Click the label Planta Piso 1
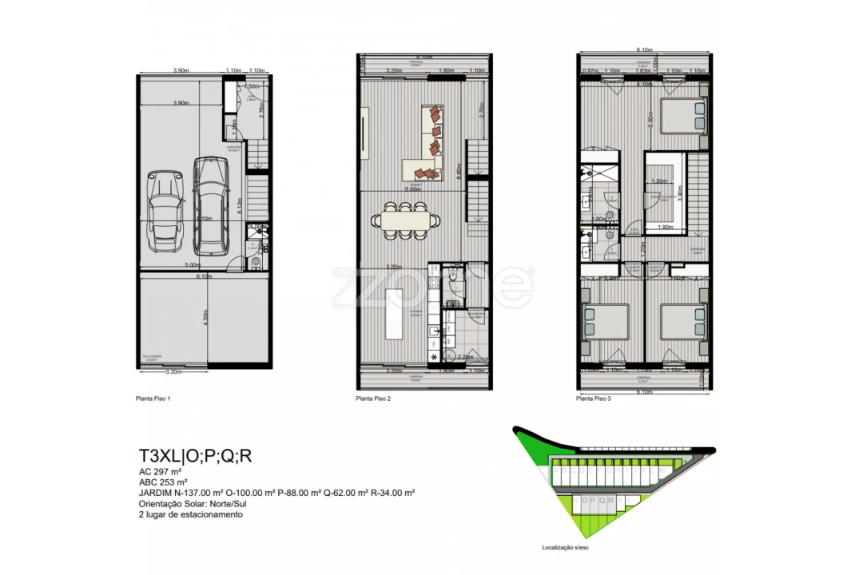point(153,398)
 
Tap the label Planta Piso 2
point(373,398)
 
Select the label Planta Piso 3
point(594,398)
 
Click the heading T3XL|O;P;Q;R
point(196,457)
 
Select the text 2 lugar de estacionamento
point(190,515)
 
